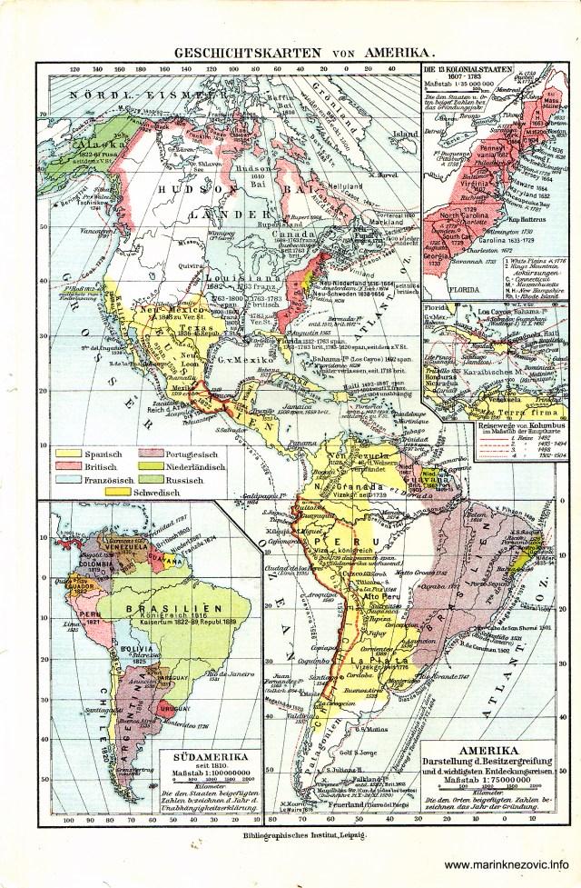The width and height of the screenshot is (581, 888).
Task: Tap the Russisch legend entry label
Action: click(x=183, y=479)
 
